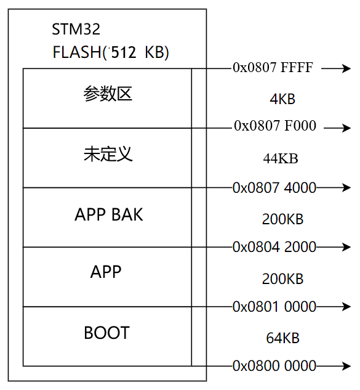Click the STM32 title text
[x=76, y=30]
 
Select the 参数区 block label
[x=108, y=95]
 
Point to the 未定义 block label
[x=108, y=154]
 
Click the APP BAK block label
[x=108, y=214]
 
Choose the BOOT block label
[x=106, y=333]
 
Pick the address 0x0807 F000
[x=274, y=126]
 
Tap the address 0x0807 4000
[x=274, y=187]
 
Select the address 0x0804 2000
[x=274, y=247]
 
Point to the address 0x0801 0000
[x=274, y=306]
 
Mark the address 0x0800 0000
[x=274, y=365]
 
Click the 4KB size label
[x=283, y=99]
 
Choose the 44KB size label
[x=281, y=158]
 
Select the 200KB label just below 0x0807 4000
[x=282, y=219]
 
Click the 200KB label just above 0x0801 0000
[x=282, y=279]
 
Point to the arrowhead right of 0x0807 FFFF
[x=346, y=68]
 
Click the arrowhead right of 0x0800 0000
[x=346, y=365]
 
